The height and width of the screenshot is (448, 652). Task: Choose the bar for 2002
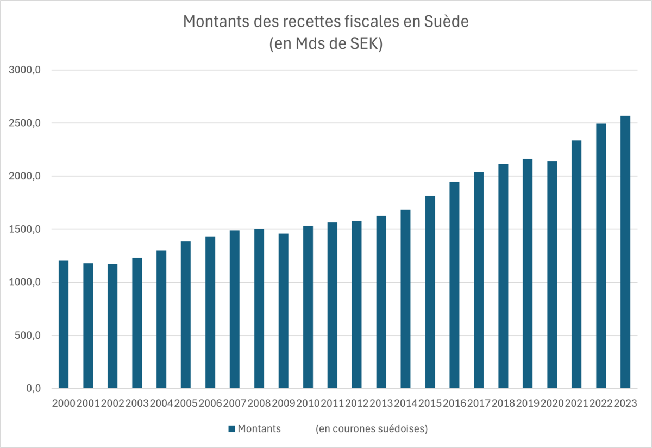(112, 326)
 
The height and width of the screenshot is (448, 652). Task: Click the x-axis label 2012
(356, 403)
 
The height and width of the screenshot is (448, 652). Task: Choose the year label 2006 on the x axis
(210, 403)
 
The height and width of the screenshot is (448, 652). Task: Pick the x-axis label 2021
(576, 403)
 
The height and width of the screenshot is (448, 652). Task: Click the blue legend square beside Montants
(231, 429)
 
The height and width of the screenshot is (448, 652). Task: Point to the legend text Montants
(259, 429)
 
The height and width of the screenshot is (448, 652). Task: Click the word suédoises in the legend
(403, 429)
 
